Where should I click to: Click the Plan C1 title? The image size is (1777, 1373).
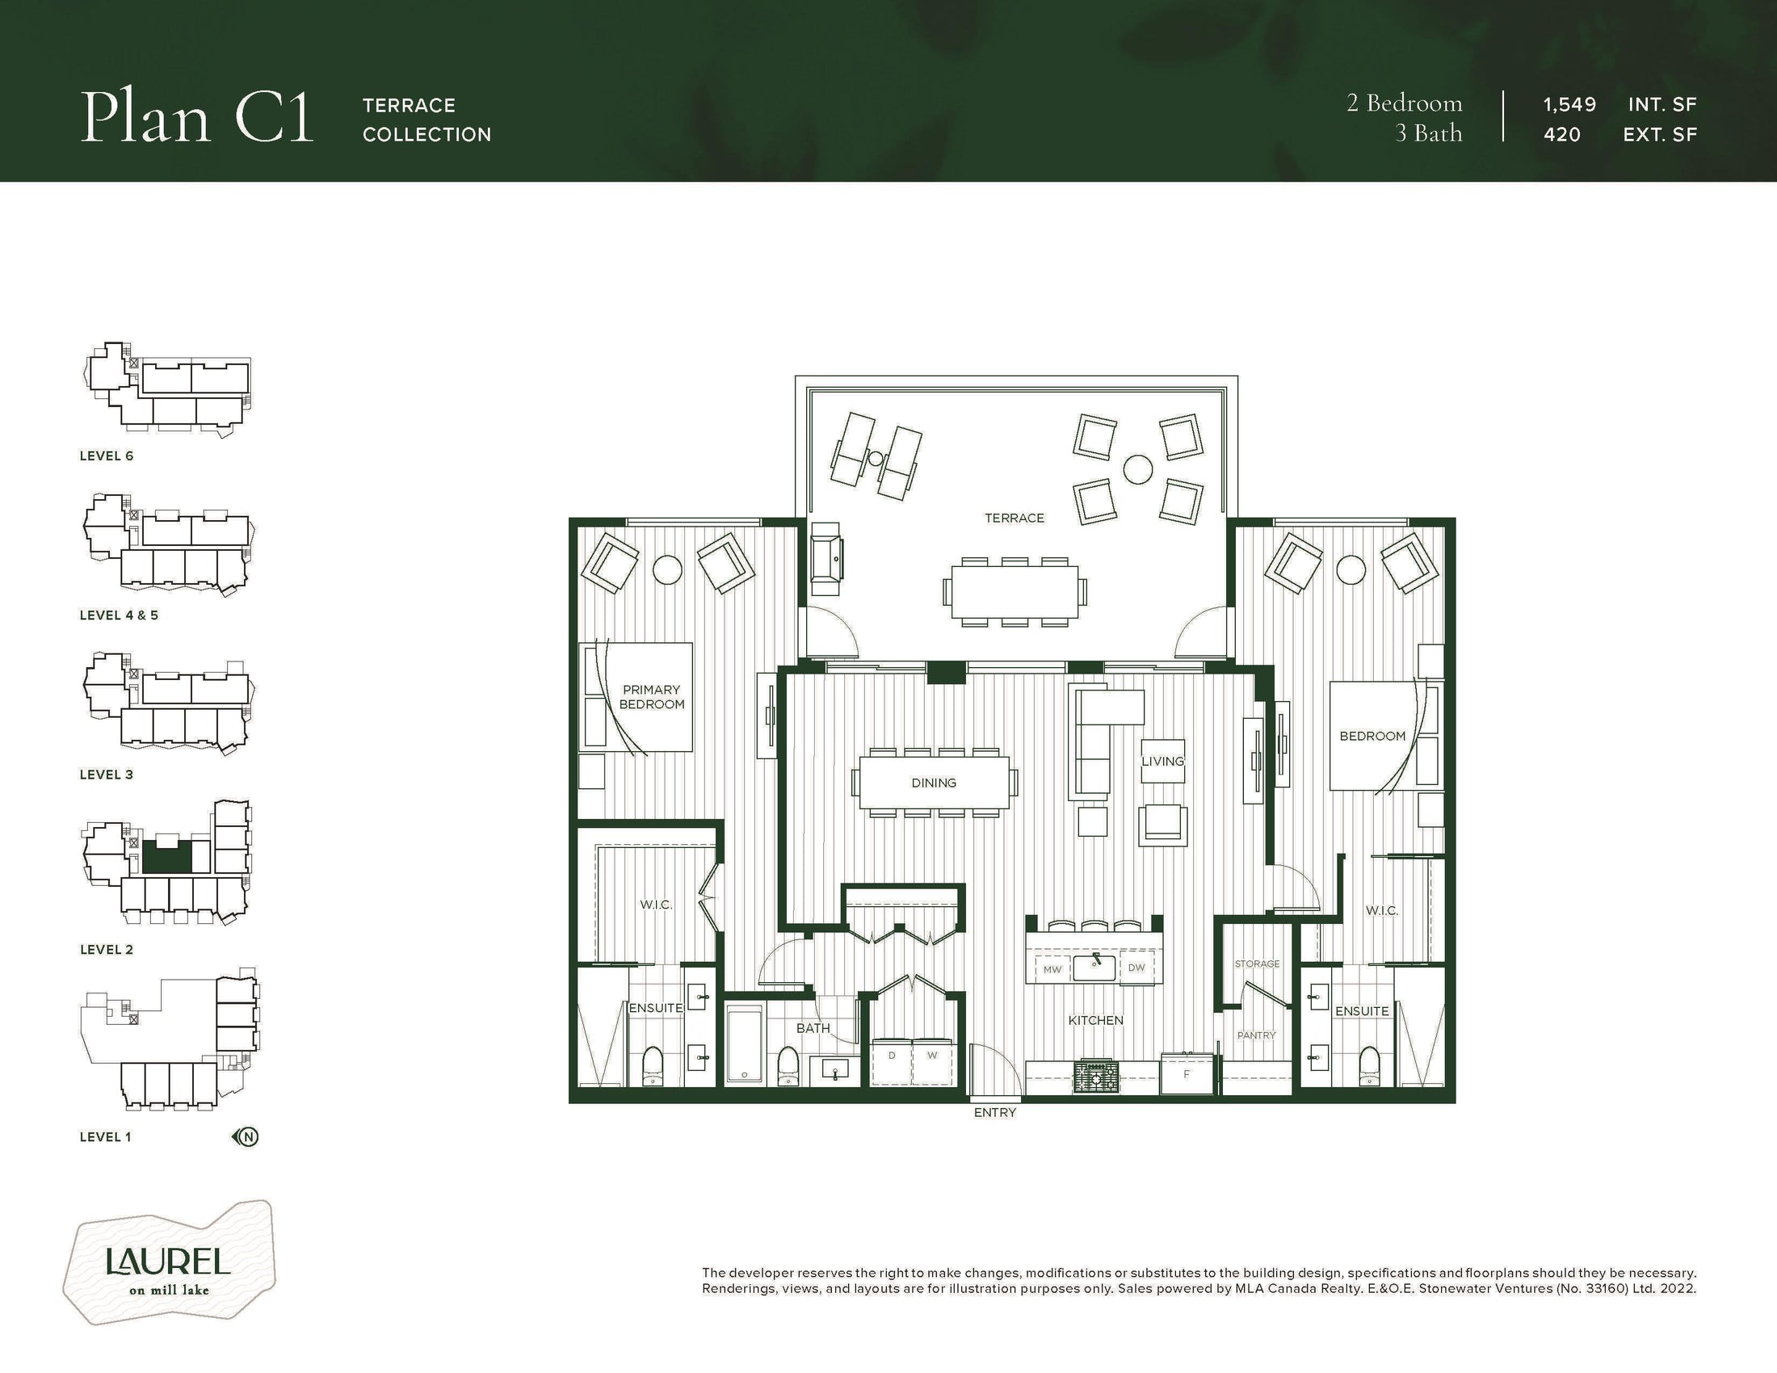[197, 117]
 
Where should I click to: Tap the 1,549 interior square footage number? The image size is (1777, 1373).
[1569, 105]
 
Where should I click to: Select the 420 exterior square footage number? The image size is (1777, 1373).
[1562, 135]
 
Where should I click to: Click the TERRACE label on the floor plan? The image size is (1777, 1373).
[1014, 519]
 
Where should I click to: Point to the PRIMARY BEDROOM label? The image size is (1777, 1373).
[652, 697]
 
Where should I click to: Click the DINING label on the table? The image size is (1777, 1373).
[933, 783]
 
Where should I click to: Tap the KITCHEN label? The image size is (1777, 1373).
[1095, 1020]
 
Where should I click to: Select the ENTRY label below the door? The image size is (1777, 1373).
[995, 1113]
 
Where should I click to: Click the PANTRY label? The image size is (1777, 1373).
[1256, 1035]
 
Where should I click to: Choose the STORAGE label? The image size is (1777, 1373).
[1257, 964]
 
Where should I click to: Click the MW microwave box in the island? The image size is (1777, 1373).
[1052, 968]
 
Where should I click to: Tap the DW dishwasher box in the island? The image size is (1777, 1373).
[1136, 968]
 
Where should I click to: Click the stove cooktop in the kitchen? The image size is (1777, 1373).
[1095, 1077]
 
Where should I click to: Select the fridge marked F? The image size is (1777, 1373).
[1187, 1073]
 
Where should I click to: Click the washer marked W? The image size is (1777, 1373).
[932, 1062]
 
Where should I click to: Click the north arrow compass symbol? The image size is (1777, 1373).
[246, 1137]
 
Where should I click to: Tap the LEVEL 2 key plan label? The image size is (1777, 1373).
[107, 950]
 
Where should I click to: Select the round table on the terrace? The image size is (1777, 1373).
[1137, 468]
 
